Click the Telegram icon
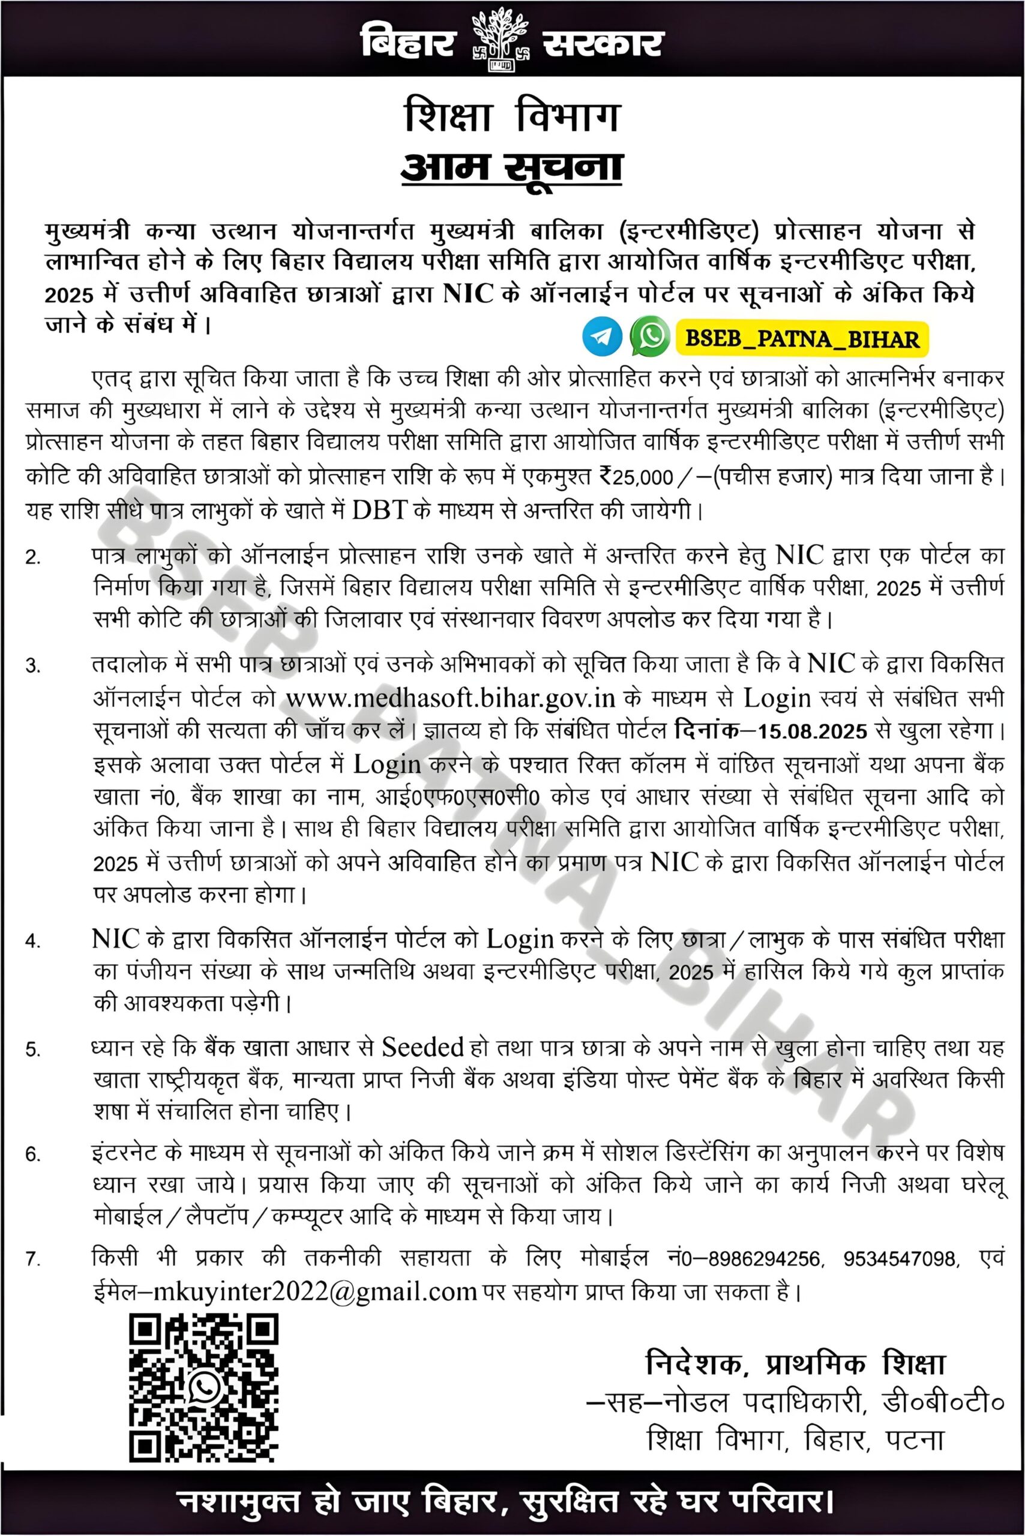coord(601,336)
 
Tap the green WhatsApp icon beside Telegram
coord(650,336)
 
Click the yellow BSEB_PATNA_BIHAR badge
coord(802,338)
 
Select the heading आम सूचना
coord(511,167)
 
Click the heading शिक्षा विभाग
coord(512,116)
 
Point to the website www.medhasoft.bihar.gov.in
coord(451,698)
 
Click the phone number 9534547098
coord(899,1258)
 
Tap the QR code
coord(203,1387)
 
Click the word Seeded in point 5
coord(422,1047)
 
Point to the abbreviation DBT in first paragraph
coord(379,511)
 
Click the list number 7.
coord(32,1259)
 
